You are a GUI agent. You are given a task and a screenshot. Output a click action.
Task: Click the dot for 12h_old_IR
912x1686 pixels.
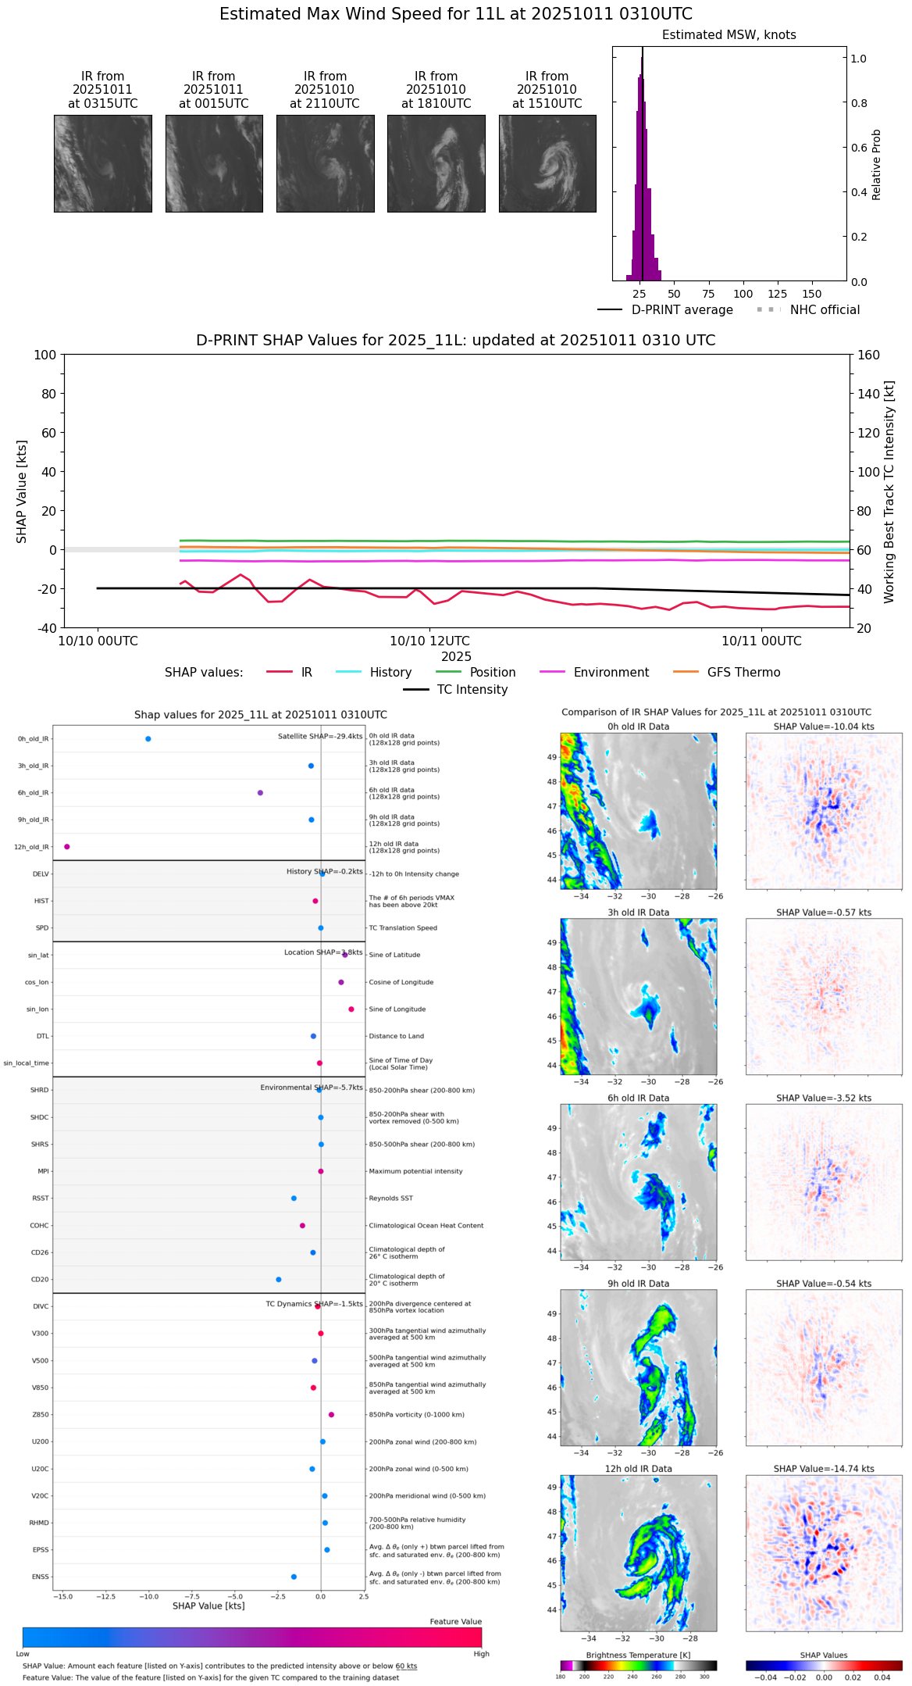[67, 846]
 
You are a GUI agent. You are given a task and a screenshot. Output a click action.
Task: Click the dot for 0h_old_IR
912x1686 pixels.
[148, 738]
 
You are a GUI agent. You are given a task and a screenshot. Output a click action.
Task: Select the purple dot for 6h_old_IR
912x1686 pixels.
[260, 792]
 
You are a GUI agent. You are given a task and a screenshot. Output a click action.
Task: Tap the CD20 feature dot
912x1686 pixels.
[279, 1279]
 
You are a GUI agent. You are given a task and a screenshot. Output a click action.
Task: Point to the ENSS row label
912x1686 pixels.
[40, 1577]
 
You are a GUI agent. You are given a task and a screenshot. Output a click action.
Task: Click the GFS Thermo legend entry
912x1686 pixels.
[743, 672]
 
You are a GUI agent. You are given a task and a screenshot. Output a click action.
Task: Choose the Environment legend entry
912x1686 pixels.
[611, 672]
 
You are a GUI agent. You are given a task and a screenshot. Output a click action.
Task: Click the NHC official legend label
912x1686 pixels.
[825, 309]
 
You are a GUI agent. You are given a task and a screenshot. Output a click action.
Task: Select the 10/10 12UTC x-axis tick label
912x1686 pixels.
[429, 641]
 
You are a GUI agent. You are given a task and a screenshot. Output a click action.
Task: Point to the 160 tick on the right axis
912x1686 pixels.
[868, 355]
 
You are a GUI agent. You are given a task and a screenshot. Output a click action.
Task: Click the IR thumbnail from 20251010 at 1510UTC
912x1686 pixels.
[547, 163]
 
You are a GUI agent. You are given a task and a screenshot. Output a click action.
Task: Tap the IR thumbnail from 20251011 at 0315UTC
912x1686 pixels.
[103, 163]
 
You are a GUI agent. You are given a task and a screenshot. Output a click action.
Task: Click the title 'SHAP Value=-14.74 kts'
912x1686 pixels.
[824, 1469]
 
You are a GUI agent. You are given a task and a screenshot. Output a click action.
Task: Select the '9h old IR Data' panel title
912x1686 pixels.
[638, 1283]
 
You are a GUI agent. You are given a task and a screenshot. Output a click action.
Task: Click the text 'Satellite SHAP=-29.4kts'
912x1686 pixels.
[320, 736]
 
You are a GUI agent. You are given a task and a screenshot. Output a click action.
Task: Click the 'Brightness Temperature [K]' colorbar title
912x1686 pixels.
[638, 1655]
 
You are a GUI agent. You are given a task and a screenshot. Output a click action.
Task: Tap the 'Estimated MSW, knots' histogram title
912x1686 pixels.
[729, 35]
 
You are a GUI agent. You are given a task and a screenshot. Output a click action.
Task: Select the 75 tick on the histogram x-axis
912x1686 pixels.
[708, 294]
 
